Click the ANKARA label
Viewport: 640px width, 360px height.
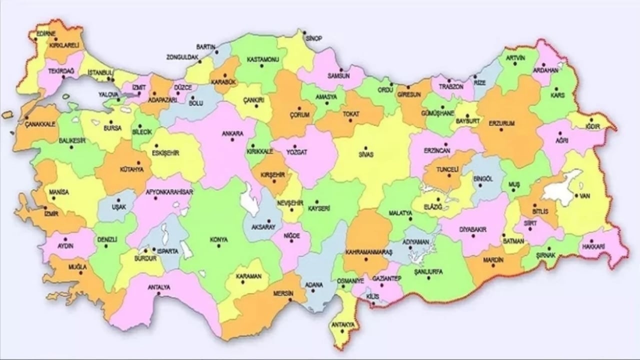point(233,133)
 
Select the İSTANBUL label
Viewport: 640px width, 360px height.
point(100,72)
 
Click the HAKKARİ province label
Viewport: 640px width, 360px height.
point(593,246)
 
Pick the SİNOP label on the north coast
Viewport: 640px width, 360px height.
point(314,38)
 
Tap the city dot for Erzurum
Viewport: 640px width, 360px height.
point(501,130)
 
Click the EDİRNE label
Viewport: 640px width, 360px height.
point(46,34)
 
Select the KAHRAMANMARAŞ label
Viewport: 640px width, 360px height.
point(369,252)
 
